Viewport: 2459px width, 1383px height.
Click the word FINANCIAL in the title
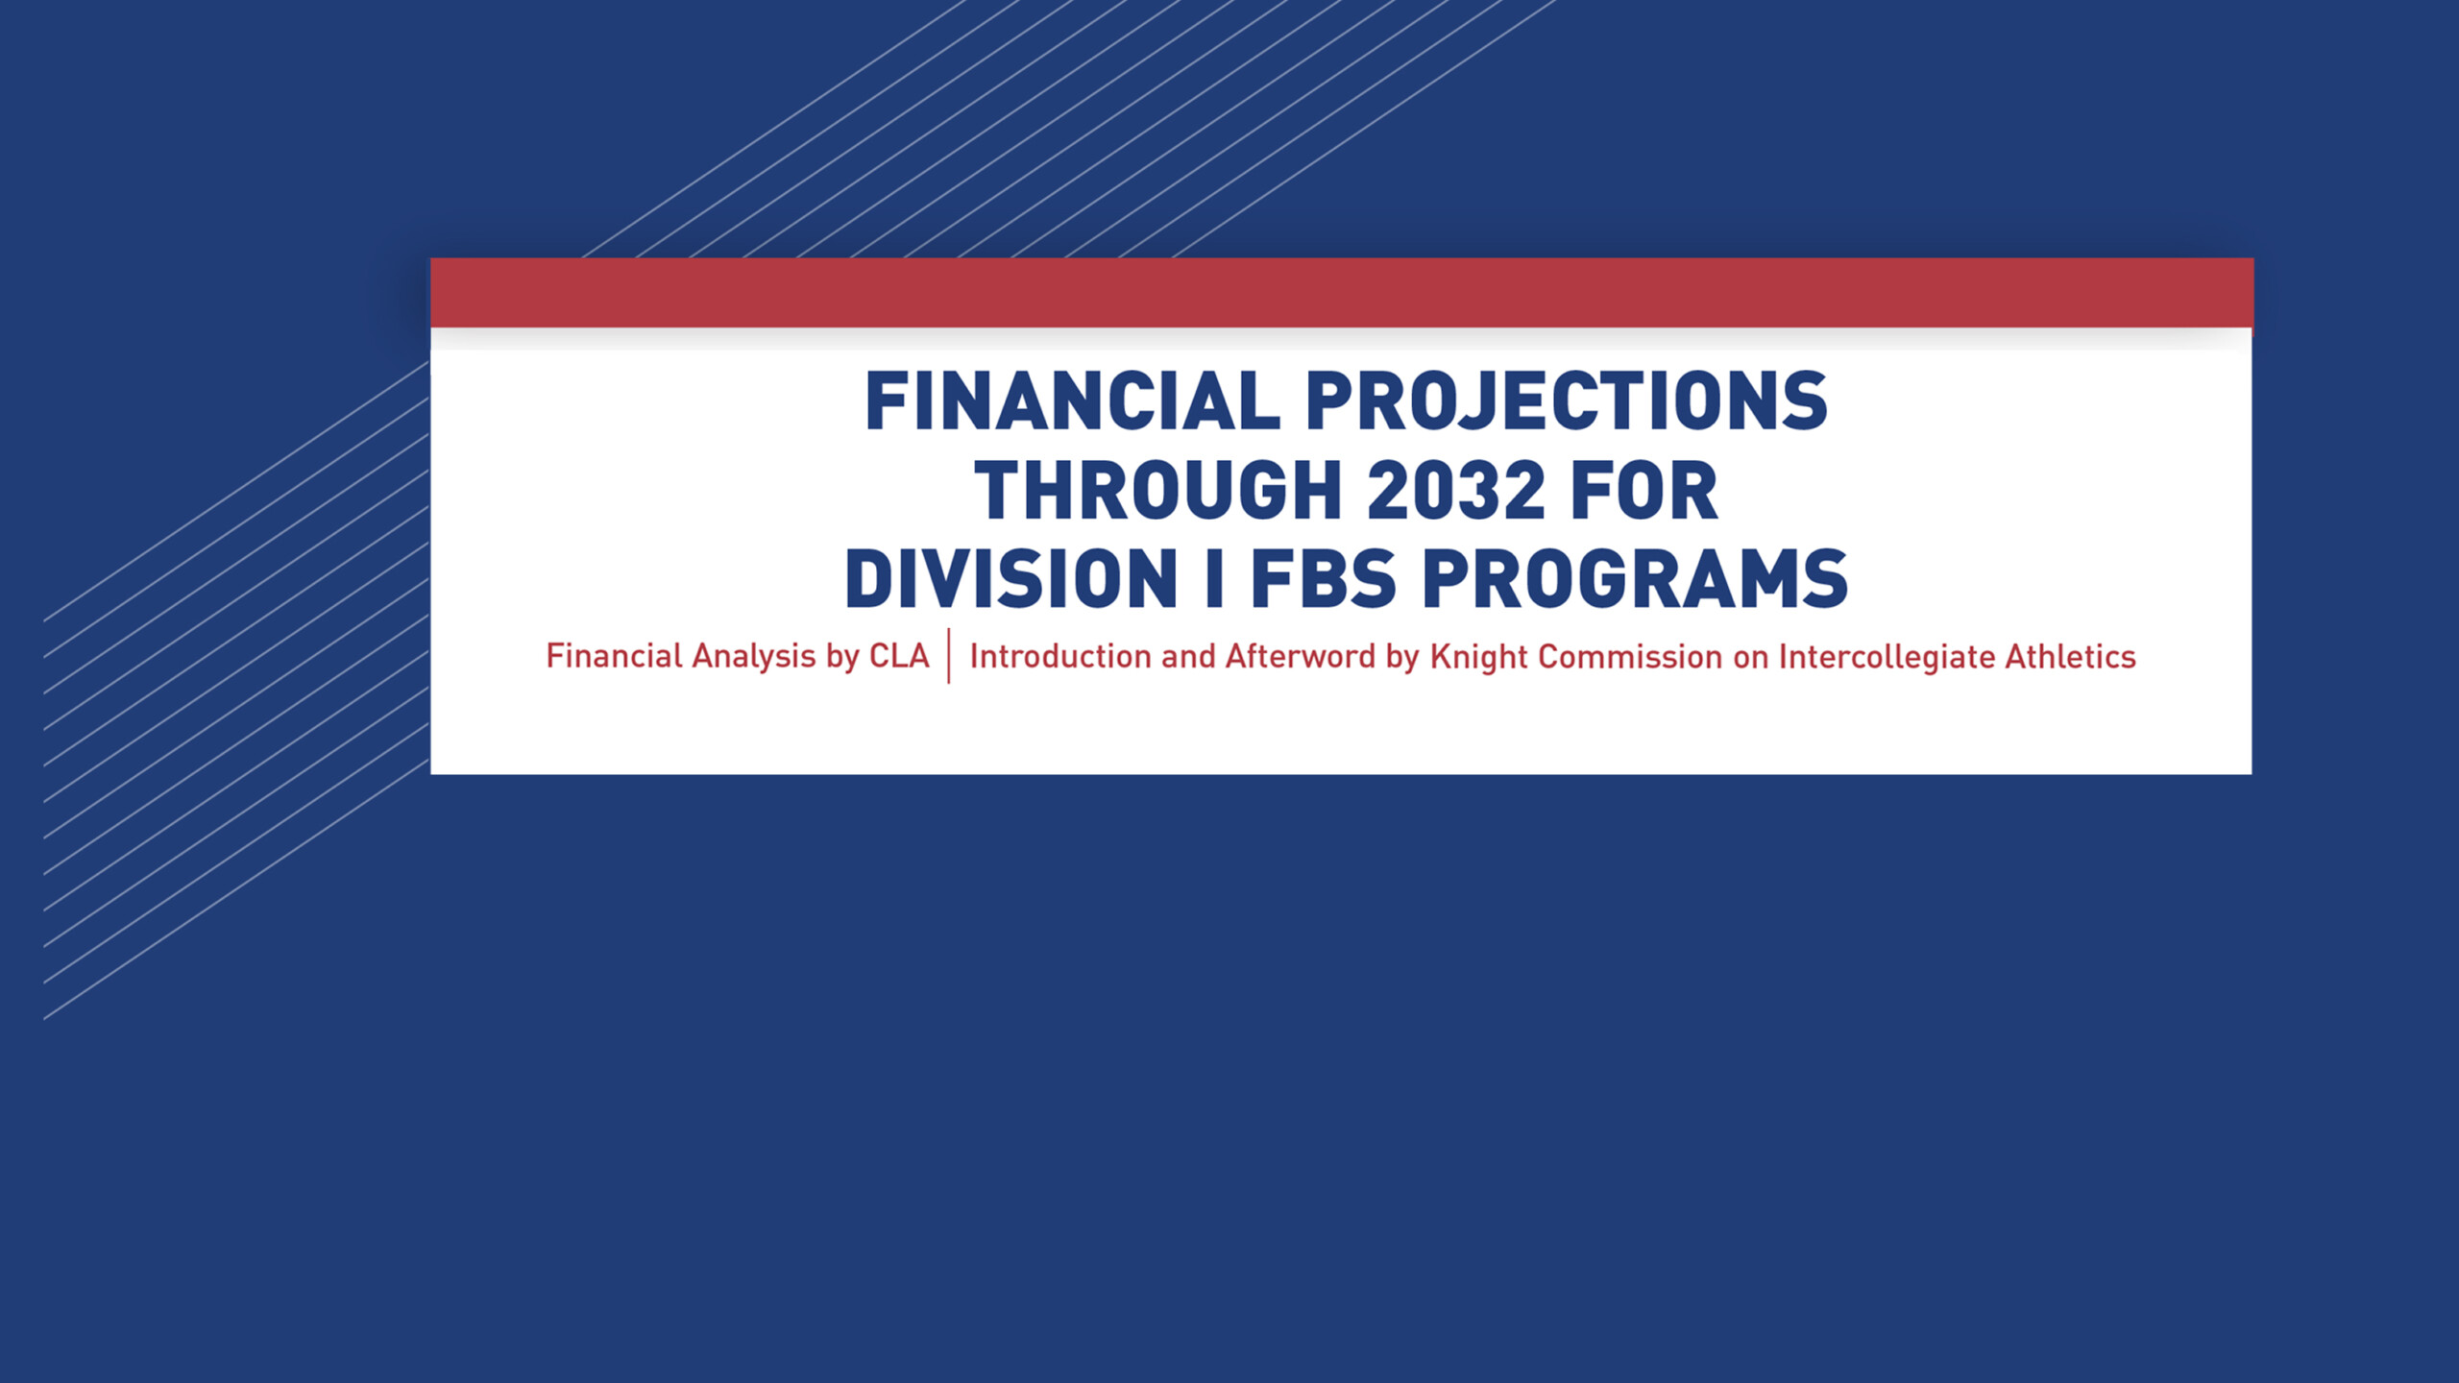click(x=1072, y=400)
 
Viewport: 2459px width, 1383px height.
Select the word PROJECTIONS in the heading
click(x=1567, y=400)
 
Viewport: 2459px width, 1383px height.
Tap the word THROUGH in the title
click(x=1157, y=490)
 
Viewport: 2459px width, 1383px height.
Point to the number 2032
click(x=1455, y=490)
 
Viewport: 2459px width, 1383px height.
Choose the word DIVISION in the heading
click(x=1010, y=579)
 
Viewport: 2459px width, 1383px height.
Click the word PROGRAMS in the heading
click(x=1635, y=579)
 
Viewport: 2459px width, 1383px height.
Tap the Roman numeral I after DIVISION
click(x=1214, y=579)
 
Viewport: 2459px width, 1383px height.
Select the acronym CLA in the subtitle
click(x=899, y=656)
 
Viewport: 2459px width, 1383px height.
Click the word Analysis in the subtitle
click(x=754, y=658)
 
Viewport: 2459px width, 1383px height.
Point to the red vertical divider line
click(x=949, y=656)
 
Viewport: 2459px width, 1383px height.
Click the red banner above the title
click(x=1342, y=293)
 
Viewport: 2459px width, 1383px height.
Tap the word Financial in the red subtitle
click(x=615, y=656)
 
